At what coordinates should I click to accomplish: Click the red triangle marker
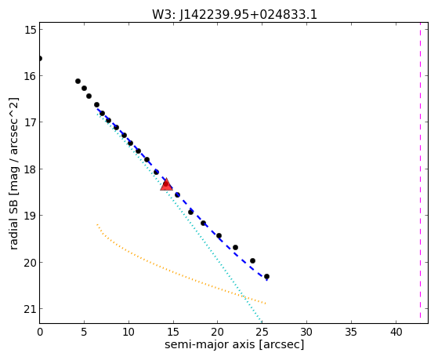[x=166, y=184]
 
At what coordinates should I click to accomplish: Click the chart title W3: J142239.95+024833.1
[x=234, y=14]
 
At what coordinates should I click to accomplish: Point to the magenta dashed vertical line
[x=420, y=170]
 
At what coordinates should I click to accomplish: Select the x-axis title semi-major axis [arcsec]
[x=234, y=344]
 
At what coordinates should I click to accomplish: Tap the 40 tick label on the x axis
[x=396, y=332]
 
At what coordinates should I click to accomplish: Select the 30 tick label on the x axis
[x=306, y=332]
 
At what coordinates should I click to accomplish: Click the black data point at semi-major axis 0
[x=40, y=59]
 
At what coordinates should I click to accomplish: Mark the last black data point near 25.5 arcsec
[x=266, y=276]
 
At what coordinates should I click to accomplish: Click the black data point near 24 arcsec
[x=252, y=260]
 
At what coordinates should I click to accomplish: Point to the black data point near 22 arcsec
[x=235, y=247]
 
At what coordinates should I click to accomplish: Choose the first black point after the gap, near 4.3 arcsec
[x=78, y=81]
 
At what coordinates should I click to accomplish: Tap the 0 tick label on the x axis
[x=40, y=332]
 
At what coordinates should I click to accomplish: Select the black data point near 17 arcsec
[x=190, y=212]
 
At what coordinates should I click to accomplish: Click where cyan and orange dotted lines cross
[x=244, y=296]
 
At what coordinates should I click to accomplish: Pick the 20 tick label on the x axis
[x=218, y=332]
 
